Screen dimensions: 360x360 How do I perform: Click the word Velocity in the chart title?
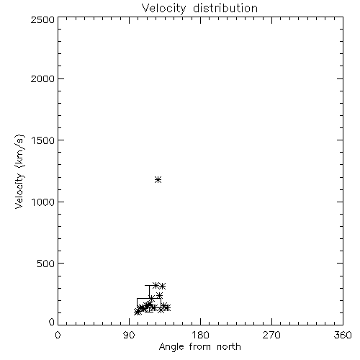tap(164, 9)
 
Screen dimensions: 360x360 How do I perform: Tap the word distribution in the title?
tap(225, 8)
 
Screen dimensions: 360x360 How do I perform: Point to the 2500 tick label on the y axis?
tap(42, 19)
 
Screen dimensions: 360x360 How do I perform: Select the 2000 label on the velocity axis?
tap(42, 79)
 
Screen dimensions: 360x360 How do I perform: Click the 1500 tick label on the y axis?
tap(43, 140)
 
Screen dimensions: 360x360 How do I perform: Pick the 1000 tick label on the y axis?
tap(43, 202)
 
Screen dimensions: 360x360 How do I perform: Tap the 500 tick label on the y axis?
tap(46, 264)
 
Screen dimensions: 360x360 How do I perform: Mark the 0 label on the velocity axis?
tap(52, 322)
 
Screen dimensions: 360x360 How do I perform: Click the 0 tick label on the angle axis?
tap(58, 335)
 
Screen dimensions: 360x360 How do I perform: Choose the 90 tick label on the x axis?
tap(129, 335)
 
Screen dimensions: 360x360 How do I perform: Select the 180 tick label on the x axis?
tap(200, 335)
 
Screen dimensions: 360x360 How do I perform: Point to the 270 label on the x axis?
tap(271, 335)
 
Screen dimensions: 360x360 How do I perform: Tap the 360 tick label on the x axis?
tap(343, 335)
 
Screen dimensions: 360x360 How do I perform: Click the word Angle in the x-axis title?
tap(171, 347)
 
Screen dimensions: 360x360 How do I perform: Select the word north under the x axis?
tap(229, 347)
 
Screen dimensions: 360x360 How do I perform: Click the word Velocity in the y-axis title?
tap(19, 191)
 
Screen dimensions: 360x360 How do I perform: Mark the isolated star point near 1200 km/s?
tap(158, 179)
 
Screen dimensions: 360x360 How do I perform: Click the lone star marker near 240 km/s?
tap(159, 295)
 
